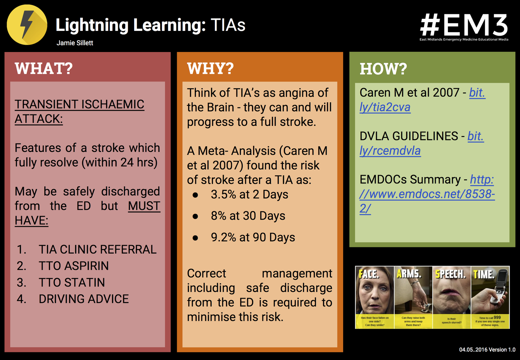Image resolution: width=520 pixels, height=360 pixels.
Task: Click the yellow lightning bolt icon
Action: click(x=27, y=25)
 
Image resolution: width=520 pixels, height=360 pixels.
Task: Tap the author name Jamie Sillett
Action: click(x=75, y=43)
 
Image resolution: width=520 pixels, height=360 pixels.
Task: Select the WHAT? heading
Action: click(x=44, y=68)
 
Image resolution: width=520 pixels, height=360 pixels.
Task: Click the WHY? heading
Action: click(x=210, y=68)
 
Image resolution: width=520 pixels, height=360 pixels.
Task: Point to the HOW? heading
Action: click(x=383, y=69)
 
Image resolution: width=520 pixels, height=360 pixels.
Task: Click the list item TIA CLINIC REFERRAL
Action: click(x=97, y=249)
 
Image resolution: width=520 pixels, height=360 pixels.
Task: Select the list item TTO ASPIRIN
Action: click(x=73, y=266)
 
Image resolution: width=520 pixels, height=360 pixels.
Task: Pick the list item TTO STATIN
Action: click(x=72, y=282)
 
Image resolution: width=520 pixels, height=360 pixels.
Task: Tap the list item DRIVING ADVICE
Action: click(x=84, y=299)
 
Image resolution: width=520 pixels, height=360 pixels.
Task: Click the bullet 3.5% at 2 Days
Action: click(x=249, y=195)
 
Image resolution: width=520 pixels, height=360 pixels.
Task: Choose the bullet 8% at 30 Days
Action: click(x=248, y=216)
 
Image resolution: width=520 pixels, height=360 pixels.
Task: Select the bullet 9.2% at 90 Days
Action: click(x=253, y=238)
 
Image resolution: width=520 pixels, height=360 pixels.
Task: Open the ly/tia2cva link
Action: click(x=385, y=108)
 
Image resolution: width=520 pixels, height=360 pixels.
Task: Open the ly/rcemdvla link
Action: click(x=390, y=151)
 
